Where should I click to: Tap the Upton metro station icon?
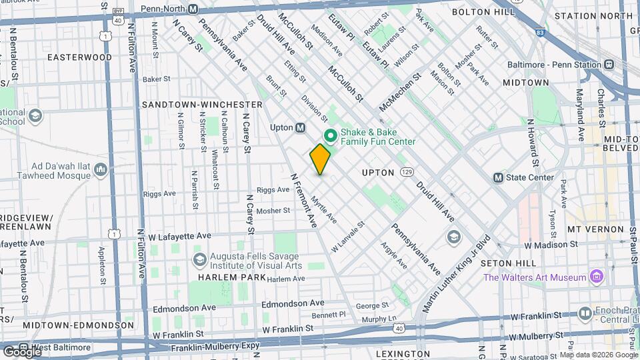tap(301, 127)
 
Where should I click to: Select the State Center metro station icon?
tap(498, 177)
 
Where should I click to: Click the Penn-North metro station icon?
tap(193, 9)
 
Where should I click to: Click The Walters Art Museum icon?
tap(596, 277)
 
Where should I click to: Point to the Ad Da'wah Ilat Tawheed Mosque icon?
tap(101, 171)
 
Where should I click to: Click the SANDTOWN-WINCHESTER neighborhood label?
tap(202, 105)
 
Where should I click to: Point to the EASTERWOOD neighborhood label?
tap(79, 57)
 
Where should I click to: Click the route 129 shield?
tap(407, 173)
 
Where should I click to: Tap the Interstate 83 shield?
tap(539, 31)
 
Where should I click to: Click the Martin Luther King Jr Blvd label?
tap(457, 273)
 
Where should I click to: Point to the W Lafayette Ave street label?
tap(179, 236)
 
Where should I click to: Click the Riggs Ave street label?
tap(273, 190)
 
